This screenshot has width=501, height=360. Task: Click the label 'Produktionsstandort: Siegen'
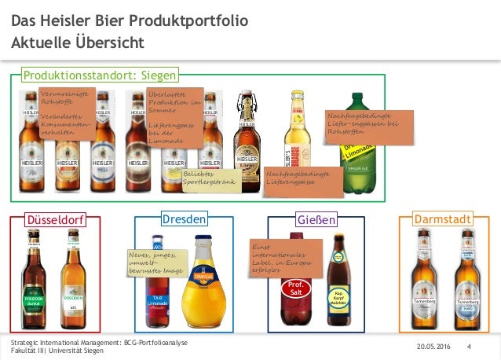(101, 75)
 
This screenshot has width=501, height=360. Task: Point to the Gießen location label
(316, 219)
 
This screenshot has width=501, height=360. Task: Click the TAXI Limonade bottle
(156, 295)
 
